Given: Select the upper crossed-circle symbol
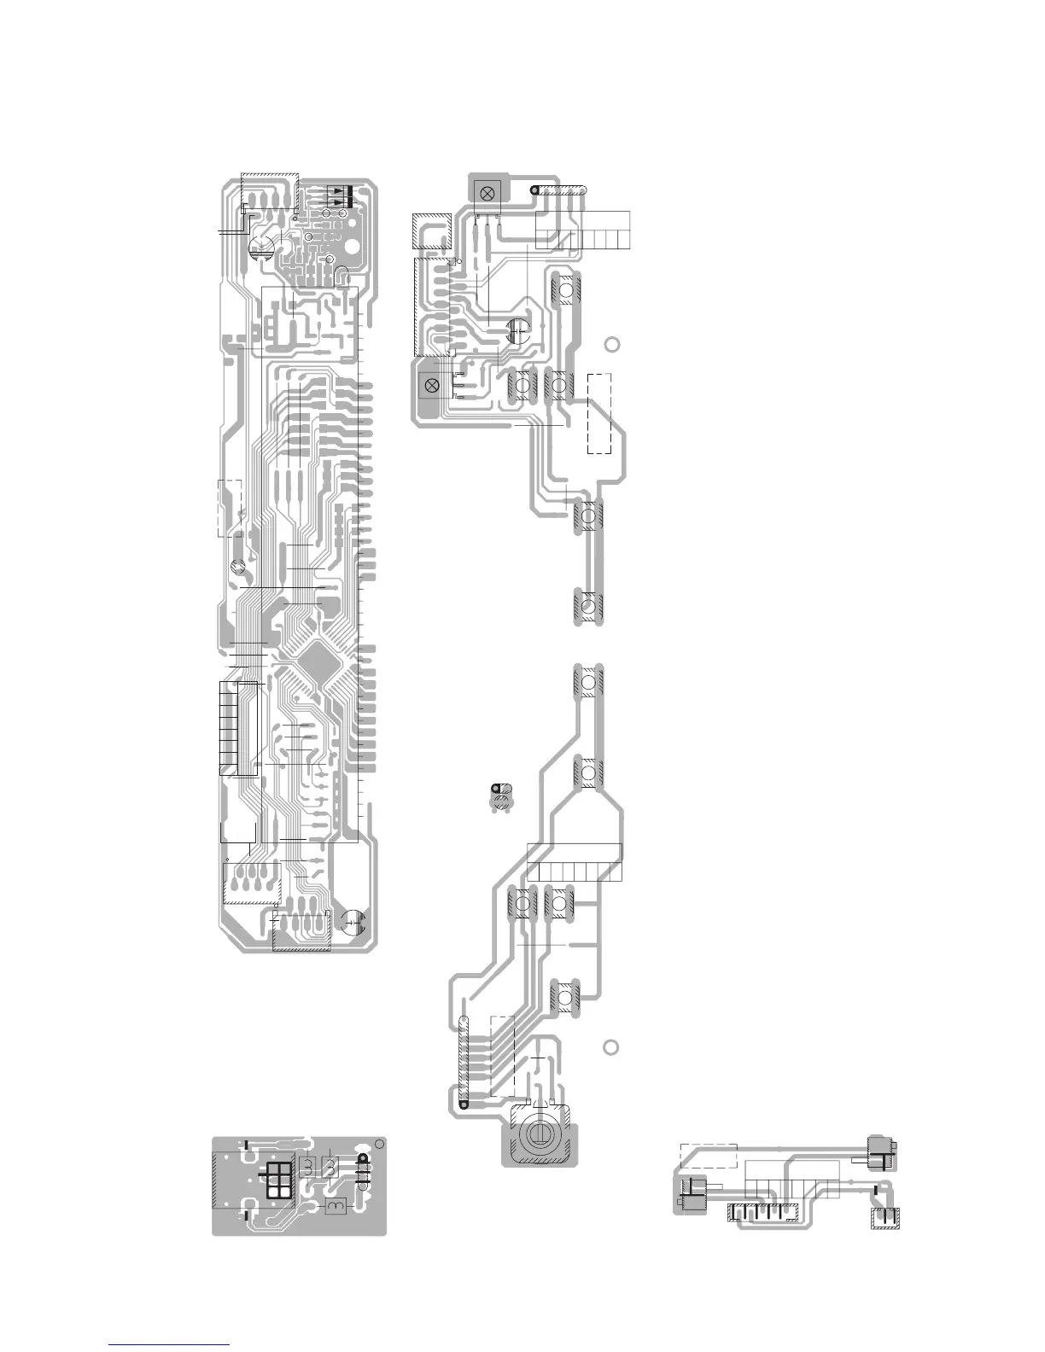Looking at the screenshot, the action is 487,192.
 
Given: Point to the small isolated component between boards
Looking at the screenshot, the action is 501,796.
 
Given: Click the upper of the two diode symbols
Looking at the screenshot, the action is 341,189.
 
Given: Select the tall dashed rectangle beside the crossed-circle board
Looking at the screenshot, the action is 599,413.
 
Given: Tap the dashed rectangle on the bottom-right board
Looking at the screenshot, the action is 708,1156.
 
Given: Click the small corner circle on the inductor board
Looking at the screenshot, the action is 381,1145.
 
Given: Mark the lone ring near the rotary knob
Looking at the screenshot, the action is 610,1048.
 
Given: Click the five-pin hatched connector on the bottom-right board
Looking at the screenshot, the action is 761,1212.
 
